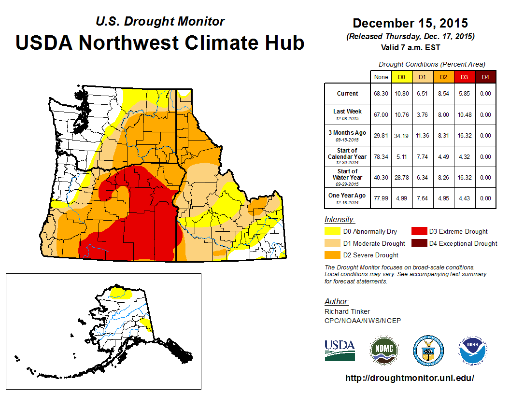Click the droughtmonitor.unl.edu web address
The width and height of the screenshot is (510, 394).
[x=410, y=378]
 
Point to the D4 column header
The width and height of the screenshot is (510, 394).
[x=485, y=77]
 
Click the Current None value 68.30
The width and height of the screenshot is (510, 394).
[x=381, y=94]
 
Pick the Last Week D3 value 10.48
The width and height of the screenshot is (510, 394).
[x=465, y=115]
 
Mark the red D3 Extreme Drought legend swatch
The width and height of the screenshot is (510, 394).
[x=418, y=231]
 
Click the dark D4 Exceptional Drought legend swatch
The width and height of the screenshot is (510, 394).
[x=418, y=243]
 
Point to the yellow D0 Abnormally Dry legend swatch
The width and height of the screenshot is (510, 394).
[x=332, y=231]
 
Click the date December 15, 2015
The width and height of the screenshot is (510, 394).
[x=410, y=23]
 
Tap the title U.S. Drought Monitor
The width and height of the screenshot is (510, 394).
[x=160, y=22]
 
